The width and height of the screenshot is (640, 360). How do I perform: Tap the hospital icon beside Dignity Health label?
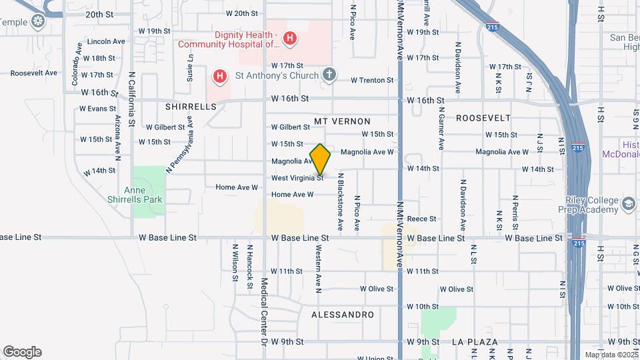[289, 39]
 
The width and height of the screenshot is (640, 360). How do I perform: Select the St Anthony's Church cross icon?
[328, 74]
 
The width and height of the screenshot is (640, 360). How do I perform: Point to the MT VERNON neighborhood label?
[342, 121]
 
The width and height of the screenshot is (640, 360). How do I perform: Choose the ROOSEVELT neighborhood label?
[483, 117]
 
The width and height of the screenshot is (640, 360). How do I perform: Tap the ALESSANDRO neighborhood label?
[343, 313]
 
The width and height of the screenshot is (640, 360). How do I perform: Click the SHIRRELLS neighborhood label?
[191, 106]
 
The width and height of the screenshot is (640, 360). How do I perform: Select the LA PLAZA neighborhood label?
[475, 342]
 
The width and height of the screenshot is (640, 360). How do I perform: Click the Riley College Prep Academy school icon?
[627, 203]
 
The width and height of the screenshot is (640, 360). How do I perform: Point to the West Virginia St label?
[297, 178]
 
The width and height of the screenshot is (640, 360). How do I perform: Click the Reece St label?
[421, 219]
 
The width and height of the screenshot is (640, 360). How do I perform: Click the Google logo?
[22, 351]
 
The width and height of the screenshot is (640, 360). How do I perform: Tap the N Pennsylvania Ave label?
[179, 144]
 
